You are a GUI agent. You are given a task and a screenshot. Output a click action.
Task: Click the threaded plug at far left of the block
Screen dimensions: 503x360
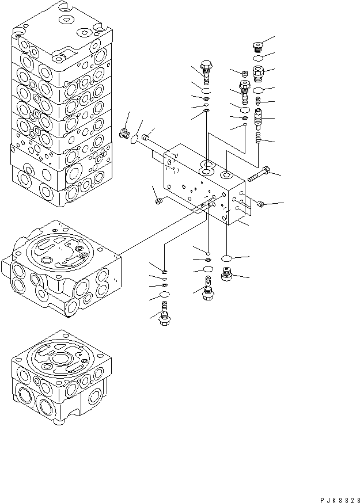point(123,135)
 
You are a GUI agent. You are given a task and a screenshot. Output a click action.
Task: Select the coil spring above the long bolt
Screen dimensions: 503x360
point(259,139)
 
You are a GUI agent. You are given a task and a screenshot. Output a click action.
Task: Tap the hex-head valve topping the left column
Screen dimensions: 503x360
point(206,70)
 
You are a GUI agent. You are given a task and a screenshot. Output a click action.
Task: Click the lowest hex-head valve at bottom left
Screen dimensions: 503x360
point(164,315)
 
